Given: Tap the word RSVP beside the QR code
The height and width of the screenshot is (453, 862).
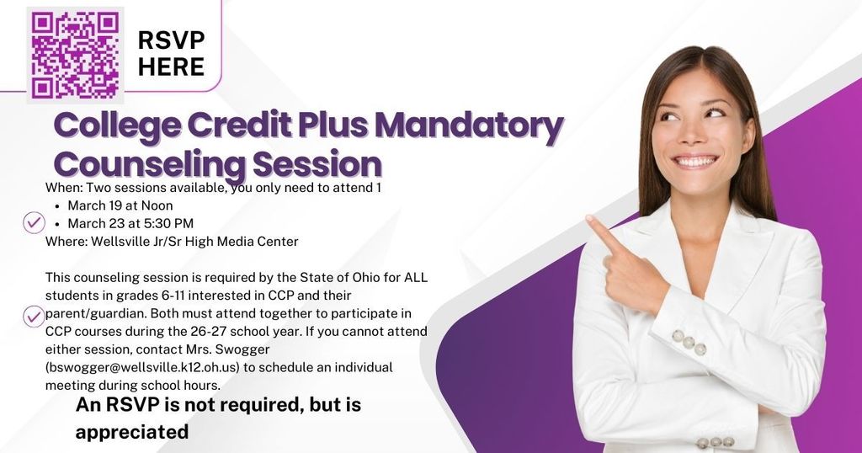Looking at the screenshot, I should point(171,40).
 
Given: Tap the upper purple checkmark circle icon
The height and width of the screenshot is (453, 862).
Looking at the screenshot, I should point(34,222).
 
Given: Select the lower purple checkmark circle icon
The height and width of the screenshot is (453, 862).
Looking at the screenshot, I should point(34,316).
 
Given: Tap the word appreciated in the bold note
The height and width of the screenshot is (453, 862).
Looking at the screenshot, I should point(132,432).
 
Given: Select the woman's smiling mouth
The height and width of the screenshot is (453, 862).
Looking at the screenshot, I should point(694,160).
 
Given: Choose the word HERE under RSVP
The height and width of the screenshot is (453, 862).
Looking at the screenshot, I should point(171,67).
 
